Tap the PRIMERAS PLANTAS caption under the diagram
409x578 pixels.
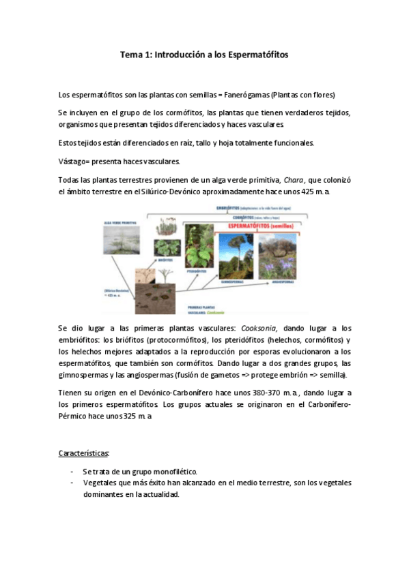[205, 307]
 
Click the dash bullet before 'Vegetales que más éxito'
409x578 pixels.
[72, 483]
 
